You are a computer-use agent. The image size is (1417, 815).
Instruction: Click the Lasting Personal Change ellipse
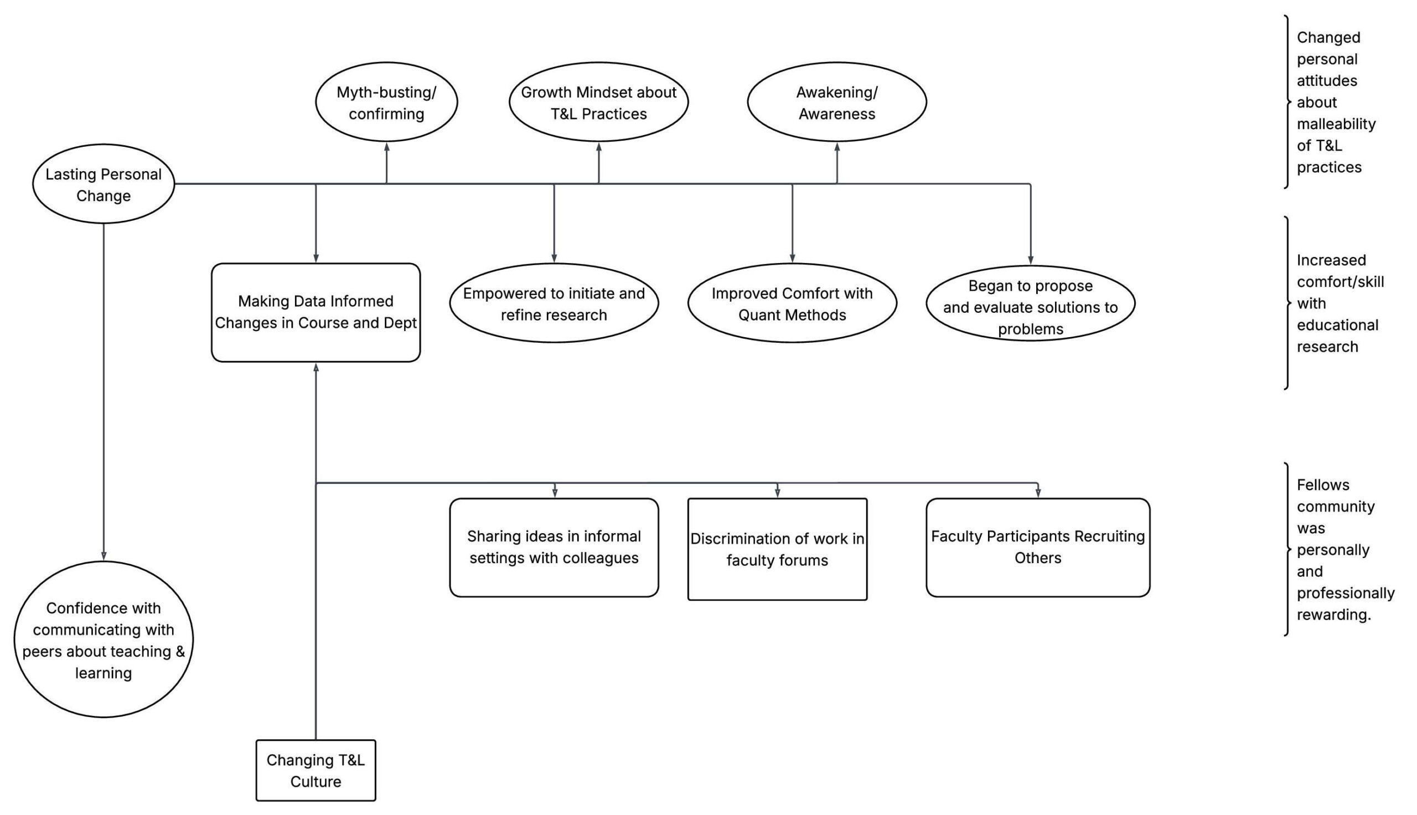pos(104,184)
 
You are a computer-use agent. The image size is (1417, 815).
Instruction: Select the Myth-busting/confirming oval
pos(386,102)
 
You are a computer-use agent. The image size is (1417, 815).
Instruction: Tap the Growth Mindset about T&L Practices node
pos(598,102)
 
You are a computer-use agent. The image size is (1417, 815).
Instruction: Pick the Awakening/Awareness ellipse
pos(837,102)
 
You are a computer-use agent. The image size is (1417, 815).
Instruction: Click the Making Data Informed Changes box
pos(316,312)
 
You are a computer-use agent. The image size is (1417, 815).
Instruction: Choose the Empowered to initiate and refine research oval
pos(554,303)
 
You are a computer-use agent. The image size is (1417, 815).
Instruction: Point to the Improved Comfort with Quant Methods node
pos(792,303)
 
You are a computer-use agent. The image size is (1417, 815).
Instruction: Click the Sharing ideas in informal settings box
pos(554,548)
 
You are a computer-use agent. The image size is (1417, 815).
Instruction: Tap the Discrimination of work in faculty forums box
pos(777,549)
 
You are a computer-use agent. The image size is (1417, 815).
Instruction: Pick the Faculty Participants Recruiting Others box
pos(1038,548)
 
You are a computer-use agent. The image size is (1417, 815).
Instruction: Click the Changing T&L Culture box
pos(316,770)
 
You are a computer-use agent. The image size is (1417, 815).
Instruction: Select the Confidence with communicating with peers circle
pos(104,639)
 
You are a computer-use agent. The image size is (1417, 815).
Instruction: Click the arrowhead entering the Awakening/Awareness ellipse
pos(837,147)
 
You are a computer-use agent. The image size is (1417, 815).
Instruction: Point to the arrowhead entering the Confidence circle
pos(104,556)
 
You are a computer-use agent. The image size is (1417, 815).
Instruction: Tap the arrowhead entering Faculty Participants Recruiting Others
pos(1038,493)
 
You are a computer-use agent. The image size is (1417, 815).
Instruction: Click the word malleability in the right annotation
pos(1336,124)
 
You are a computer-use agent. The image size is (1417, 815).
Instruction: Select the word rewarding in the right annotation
pos(1333,615)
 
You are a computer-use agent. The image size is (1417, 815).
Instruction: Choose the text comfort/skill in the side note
pos(1340,282)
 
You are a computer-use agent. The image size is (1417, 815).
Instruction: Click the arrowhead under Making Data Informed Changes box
pos(316,368)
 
